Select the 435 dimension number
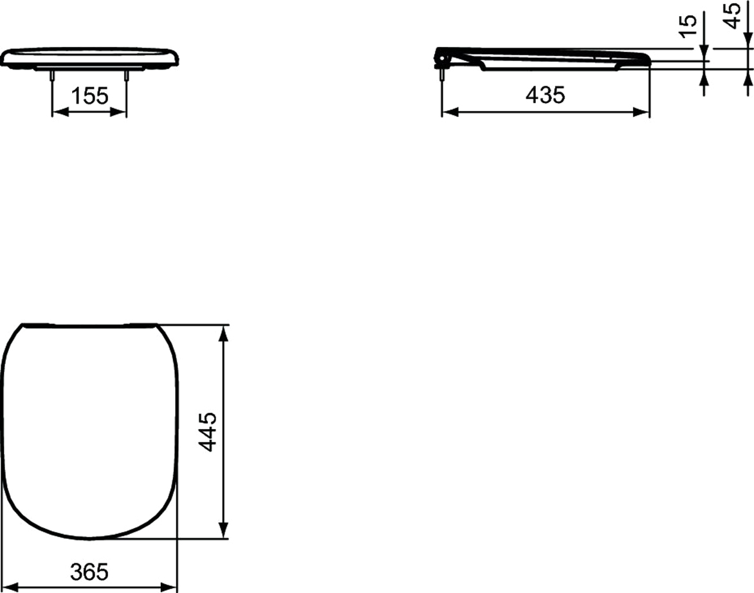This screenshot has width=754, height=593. [545, 95]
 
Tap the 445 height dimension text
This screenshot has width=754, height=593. [208, 432]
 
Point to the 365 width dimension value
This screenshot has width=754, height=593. [89, 571]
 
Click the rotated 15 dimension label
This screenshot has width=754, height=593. [688, 25]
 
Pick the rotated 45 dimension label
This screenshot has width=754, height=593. [732, 15]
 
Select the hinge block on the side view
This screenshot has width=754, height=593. [443, 57]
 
